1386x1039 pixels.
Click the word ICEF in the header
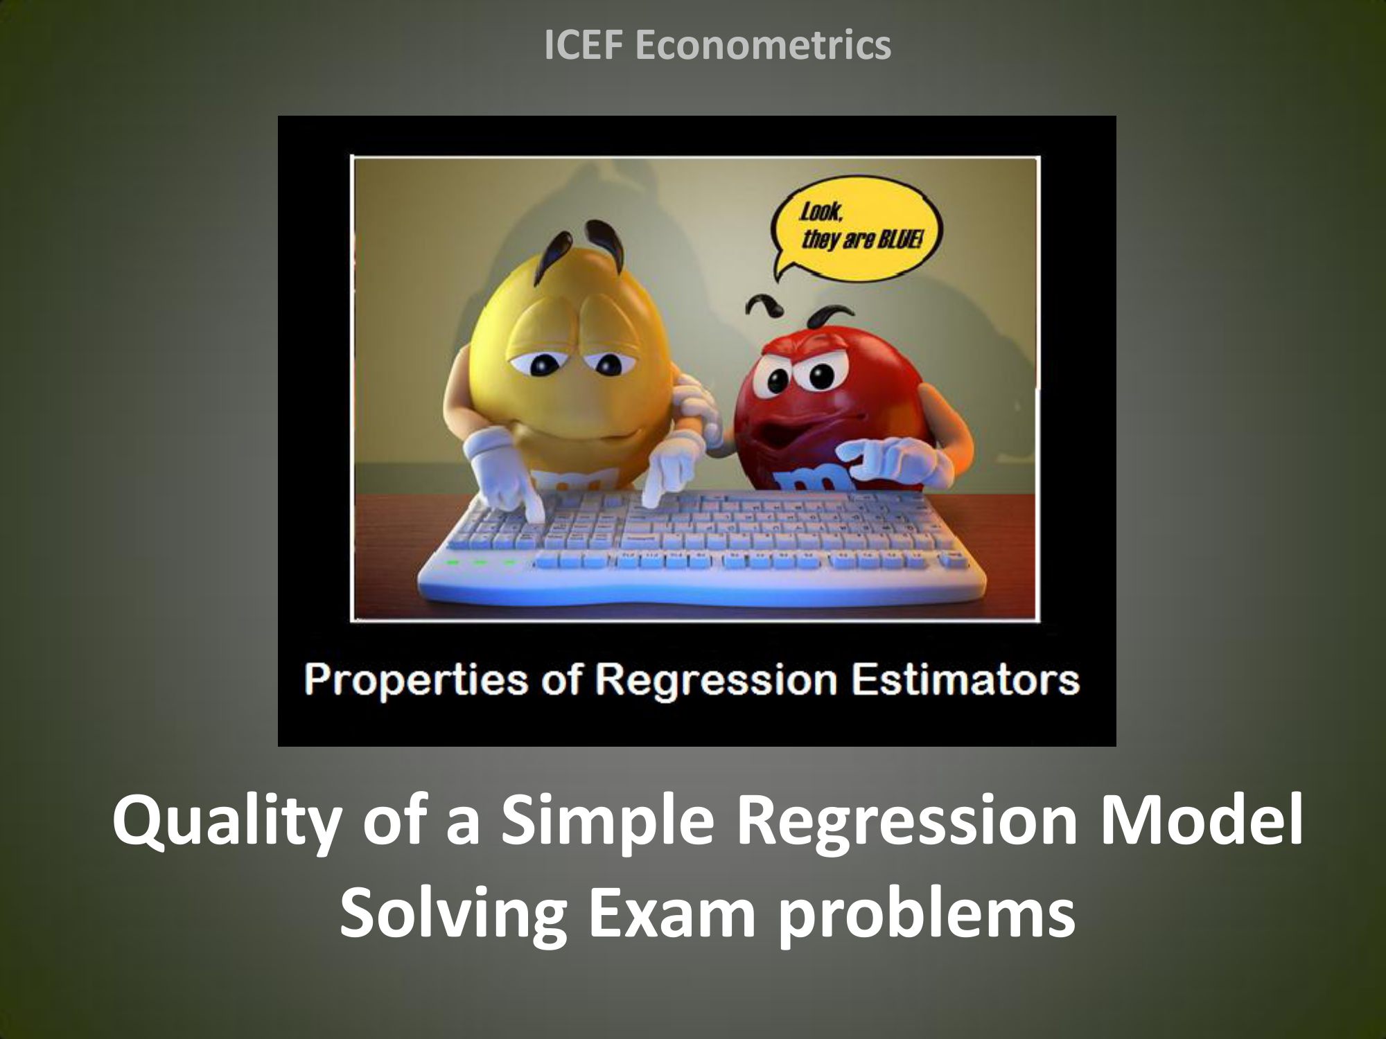(584, 45)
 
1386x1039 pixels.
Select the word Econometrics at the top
(763, 45)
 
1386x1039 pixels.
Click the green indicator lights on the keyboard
(481, 562)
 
